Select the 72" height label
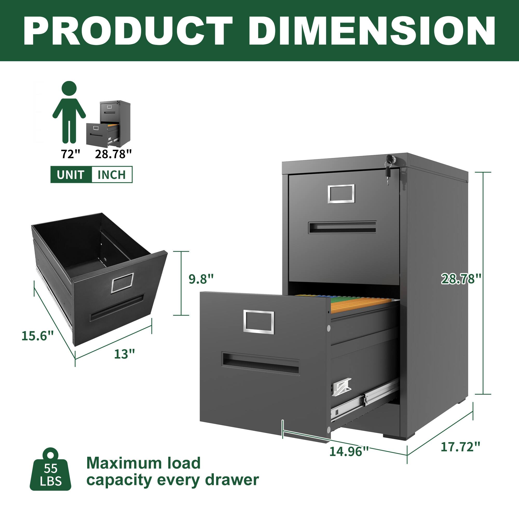(x=71, y=154)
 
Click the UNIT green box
(x=71, y=175)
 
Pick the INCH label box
(x=112, y=175)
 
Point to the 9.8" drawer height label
(x=201, y=279)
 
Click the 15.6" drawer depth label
(x=38, y=336)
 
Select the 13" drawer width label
(x=124, y=354)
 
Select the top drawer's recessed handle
(x=342, y=227)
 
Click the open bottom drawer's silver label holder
(x=259, y=322)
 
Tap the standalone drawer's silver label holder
(x=122, y=283)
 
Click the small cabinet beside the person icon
(x=109, y=124)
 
